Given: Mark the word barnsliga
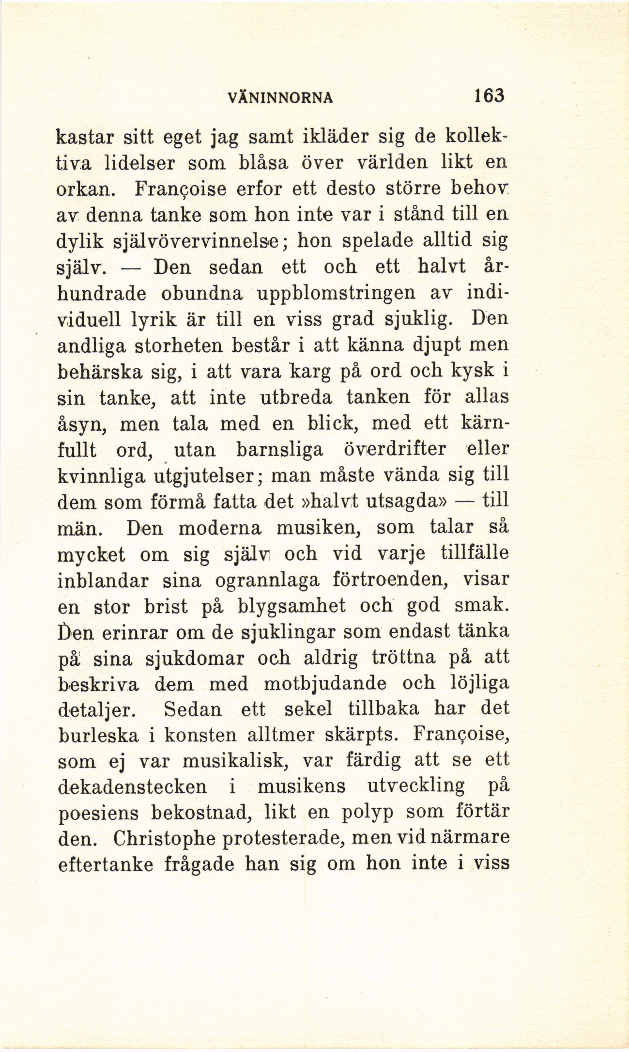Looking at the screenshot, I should (280, 450).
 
